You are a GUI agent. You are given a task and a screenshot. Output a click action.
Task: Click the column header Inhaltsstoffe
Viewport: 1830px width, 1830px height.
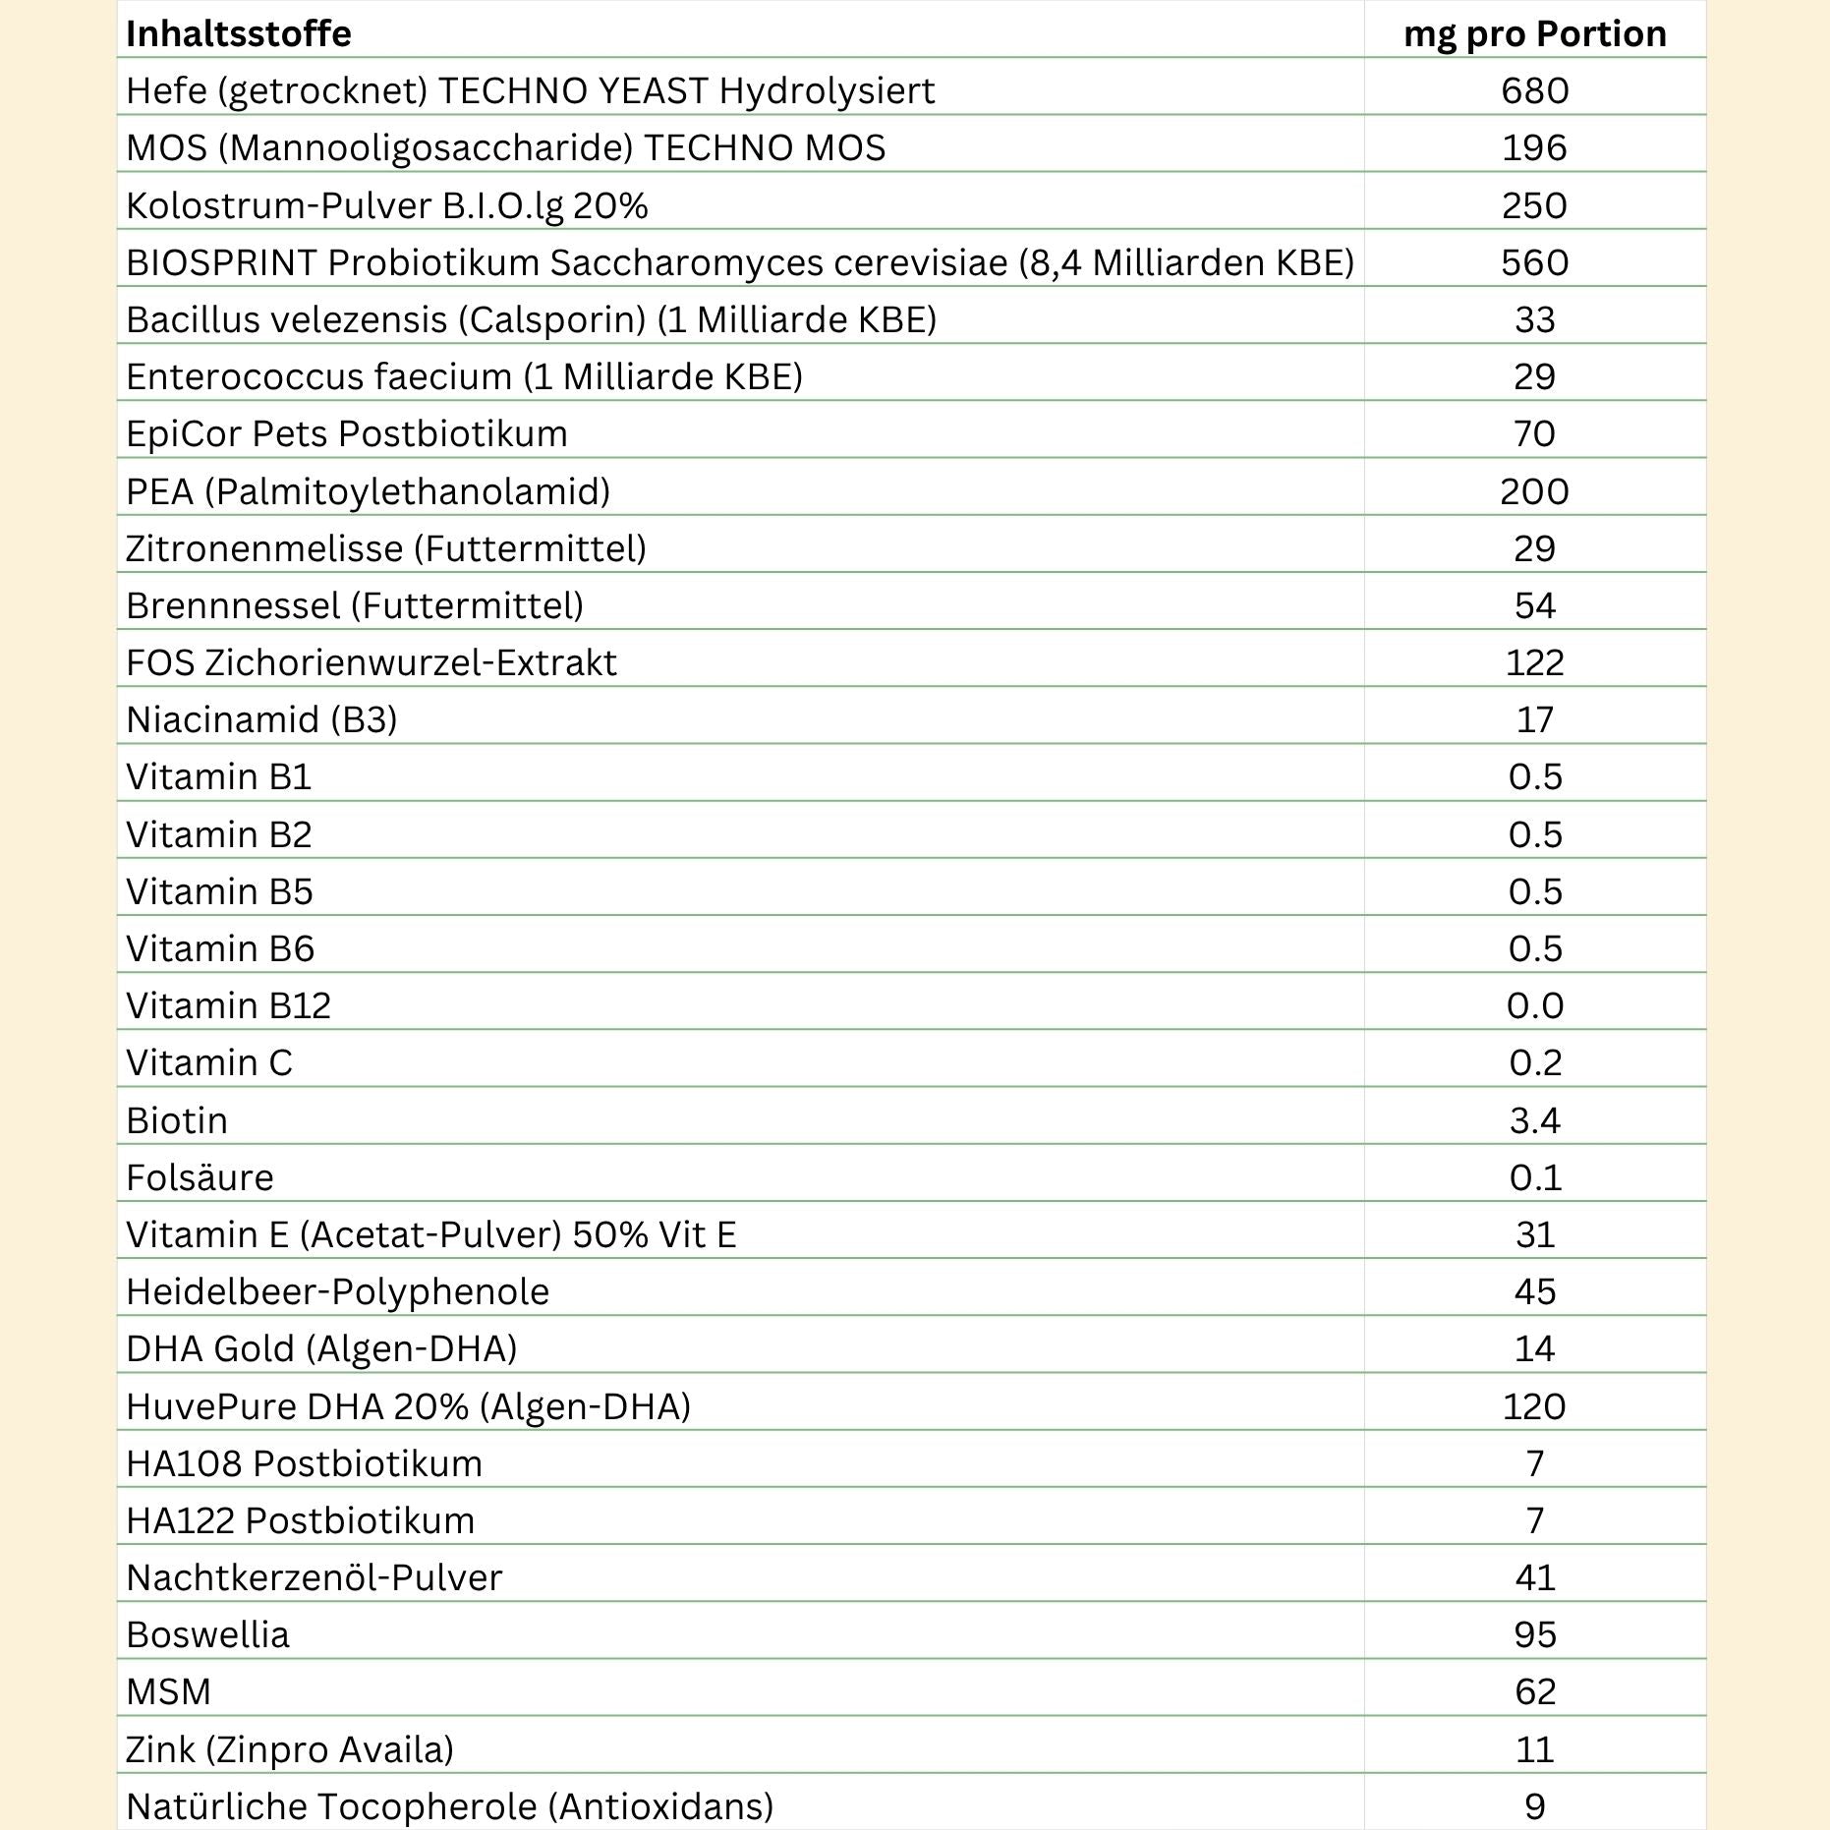coord(239,33)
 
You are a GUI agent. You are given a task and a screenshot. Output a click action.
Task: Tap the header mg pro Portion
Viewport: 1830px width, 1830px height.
coord(1534,33)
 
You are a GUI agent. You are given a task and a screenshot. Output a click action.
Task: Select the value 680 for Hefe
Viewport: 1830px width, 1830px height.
coord(1534,90)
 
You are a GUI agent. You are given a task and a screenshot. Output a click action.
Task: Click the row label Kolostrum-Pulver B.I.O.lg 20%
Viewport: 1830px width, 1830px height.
coord(387,205)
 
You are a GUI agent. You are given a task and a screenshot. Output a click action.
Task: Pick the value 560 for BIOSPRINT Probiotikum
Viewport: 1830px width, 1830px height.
coord(1534,262)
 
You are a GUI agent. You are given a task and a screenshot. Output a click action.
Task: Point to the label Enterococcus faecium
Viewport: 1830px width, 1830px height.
coord(464,376)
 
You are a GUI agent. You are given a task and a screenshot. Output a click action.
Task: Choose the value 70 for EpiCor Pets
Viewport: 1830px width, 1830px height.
coord(1534,433)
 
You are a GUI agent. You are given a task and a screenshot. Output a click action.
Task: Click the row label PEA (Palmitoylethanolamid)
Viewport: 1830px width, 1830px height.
coord(368,490)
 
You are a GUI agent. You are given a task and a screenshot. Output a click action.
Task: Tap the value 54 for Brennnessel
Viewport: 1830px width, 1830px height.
coord(1534,605)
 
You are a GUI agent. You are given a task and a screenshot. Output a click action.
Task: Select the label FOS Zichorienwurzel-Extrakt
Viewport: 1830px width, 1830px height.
coord(372,662)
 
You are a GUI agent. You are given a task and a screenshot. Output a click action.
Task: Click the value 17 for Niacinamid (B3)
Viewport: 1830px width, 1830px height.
coord(1534,719)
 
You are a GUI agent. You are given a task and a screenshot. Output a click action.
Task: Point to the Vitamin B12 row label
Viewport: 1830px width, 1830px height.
coord(228,1005)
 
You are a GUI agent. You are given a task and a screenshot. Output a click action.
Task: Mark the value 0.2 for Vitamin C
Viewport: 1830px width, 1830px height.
coord(1534,1062)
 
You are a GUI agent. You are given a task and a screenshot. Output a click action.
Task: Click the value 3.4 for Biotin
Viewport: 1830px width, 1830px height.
coord(1534,1120)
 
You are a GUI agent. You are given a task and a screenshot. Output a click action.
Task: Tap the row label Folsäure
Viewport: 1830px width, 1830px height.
coord(200,1177)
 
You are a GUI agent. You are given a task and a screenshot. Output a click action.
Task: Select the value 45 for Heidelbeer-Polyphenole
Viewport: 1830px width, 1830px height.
coord(1534,1291)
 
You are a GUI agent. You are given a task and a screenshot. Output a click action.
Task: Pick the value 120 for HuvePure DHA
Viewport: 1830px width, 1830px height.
coord(1534,1406)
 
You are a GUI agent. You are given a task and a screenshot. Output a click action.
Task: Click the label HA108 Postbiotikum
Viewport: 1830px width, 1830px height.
coord(304,1463)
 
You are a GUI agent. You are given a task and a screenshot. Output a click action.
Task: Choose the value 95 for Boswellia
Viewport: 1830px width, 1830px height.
coord(1534,1634)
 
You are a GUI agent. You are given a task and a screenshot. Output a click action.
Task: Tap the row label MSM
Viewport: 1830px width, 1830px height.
coord(169,1691)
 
